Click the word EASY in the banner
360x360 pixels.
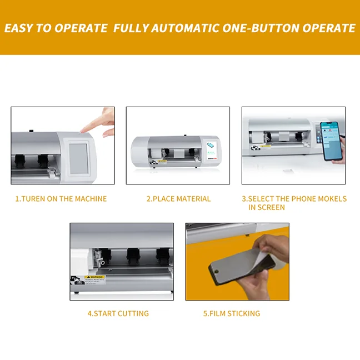(x=18, y=28)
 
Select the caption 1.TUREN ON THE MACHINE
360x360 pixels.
(x=61, y=199)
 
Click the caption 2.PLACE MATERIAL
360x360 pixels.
(x=178, y=199)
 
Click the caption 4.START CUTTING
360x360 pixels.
(x=118, y=313)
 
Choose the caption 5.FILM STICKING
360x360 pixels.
(x=231, y=313)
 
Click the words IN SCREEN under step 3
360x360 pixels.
(x=267, y=207)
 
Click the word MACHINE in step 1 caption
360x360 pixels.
(x=91, y=199)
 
